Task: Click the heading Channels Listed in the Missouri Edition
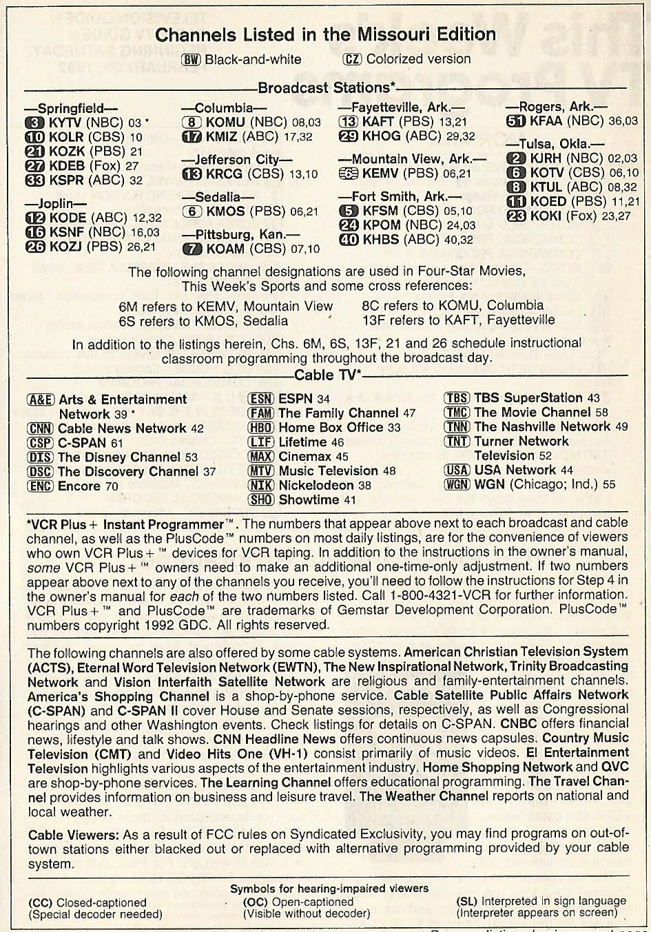pyautogui.click(x=326, y=34)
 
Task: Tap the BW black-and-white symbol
pyautogui.click(x=191, y=59)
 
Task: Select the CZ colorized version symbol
pyautogui.click(x=352, y=59)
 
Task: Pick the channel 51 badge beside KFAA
pyautogui.click(x=516, y=121)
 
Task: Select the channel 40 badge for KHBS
pyautogui.click(x=349, y=240)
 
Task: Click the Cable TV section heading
pyautogui.click(x=327, y=375)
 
